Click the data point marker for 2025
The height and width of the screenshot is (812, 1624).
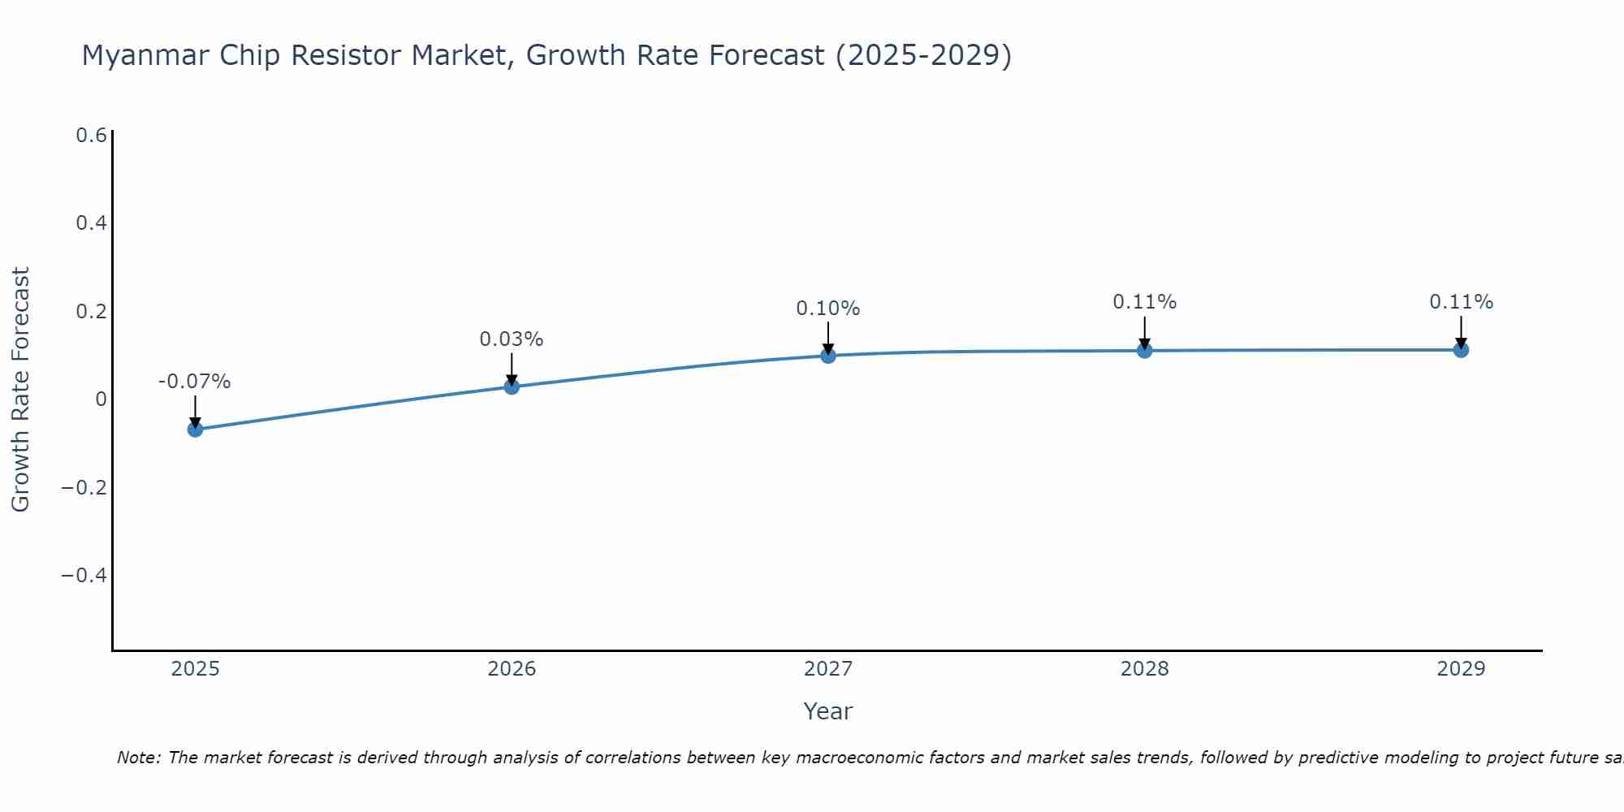[x=195, y=429]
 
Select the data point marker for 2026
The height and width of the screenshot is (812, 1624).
[x=512, y=387]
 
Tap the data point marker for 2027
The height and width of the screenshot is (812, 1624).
[x=828, y=356]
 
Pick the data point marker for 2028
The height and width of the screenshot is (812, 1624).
[x=1145, y=351]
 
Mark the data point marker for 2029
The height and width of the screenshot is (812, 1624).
[x=1461, y=350]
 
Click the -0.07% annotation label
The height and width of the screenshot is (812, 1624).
[x=195, y=382]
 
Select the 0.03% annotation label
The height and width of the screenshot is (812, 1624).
[x=512, y=339]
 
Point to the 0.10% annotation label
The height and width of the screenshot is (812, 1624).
[x=828, y=309]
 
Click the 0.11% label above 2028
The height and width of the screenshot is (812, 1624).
[x=1145, y=302]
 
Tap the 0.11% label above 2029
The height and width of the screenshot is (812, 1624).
[x=1461, y=302]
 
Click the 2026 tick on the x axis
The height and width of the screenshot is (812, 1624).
[x=512, y=669]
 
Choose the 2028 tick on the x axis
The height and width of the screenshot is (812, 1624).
[x=1145, y=669]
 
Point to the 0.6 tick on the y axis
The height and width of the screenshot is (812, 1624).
[x=92, y=136]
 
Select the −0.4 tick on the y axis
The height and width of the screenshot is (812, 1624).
[x=84, y=576]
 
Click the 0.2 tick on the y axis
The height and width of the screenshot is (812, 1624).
[x=92, y=312]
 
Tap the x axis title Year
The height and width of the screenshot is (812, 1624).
[x=827, y=711]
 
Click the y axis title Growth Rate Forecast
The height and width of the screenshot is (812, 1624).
[x=21, y=389]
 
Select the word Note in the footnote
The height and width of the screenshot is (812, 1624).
[x=138, y=758]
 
